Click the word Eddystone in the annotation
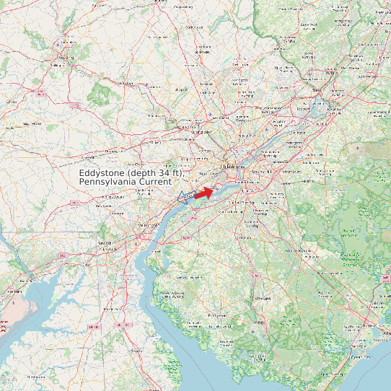[102, 174]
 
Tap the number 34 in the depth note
[162, 174]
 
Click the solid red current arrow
[204, 193]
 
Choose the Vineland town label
[263, 297]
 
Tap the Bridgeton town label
[218, 315]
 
